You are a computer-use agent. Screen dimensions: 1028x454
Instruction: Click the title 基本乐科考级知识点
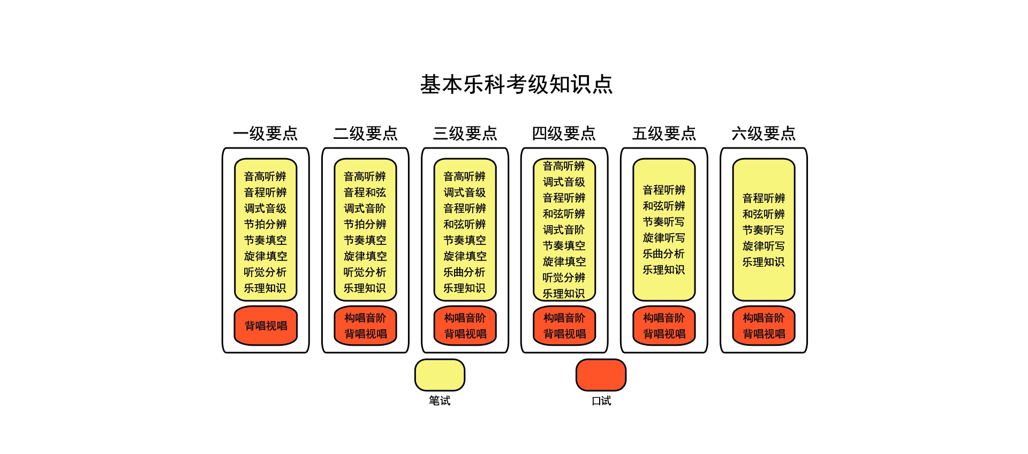coord(516,84)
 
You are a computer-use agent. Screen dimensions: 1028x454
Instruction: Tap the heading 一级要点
coord(266,133)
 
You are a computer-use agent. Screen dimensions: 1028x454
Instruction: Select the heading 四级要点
coord(564,133)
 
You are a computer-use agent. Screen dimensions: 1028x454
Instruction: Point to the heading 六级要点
coord(764,133)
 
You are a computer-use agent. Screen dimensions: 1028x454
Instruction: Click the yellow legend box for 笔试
coord(440,375)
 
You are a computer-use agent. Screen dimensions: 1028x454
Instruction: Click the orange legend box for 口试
coord(601,375)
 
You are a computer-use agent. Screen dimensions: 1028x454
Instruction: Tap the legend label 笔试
coord(440,400)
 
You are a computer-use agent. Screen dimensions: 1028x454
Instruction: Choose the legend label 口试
coord(601,400)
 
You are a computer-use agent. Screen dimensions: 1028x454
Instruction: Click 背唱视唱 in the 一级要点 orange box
coord(266,325)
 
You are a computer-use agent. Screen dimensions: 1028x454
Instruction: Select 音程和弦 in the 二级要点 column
coord(365,192)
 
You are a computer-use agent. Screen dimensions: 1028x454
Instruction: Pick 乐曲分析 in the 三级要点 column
coord(465,272)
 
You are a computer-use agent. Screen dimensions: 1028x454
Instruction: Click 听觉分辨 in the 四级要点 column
coord(564,277)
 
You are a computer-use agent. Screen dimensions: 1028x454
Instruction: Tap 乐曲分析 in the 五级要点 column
coord(664,254)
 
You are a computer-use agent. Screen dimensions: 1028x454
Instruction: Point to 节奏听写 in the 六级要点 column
coord(764,230)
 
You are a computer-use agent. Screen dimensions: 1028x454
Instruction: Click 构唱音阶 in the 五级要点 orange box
coord(664,318)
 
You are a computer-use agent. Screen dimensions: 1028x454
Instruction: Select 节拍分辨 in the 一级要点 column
coord(266,224)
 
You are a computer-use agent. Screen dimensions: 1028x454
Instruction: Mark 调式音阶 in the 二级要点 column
coord(365,208)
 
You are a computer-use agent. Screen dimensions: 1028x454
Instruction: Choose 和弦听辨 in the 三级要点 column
coord(465,224)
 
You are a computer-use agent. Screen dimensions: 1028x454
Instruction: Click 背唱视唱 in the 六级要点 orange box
coord(764,334)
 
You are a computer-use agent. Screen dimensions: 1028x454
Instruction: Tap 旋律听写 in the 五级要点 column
coord(664,237)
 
